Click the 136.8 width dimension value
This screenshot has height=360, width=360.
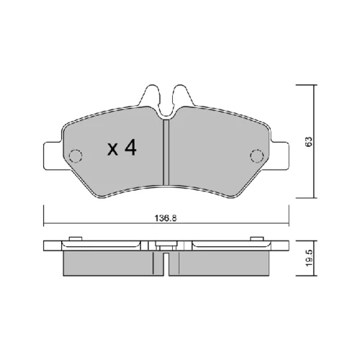tap(166, 218)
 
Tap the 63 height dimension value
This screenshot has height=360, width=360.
tap(310, 142)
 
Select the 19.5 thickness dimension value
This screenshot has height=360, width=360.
tap(310, 258)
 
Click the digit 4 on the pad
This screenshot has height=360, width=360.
tap(130, 148)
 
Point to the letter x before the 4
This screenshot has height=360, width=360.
tap(112, 149)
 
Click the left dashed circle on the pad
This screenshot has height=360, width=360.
tap(76, 156)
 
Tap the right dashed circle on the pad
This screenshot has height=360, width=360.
tap(257, 156)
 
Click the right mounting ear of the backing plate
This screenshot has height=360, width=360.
tap(279, 156)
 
